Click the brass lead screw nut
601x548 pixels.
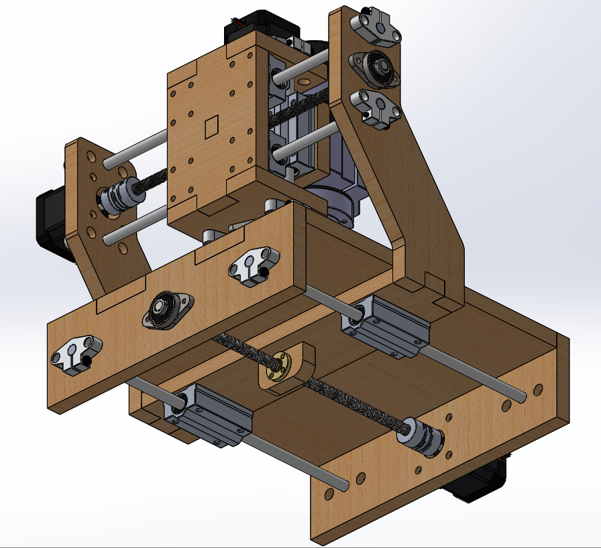click(x=277, y=362)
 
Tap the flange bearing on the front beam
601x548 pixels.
click(x=163, y=310)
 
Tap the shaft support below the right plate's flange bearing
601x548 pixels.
click(x=376, y=107)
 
